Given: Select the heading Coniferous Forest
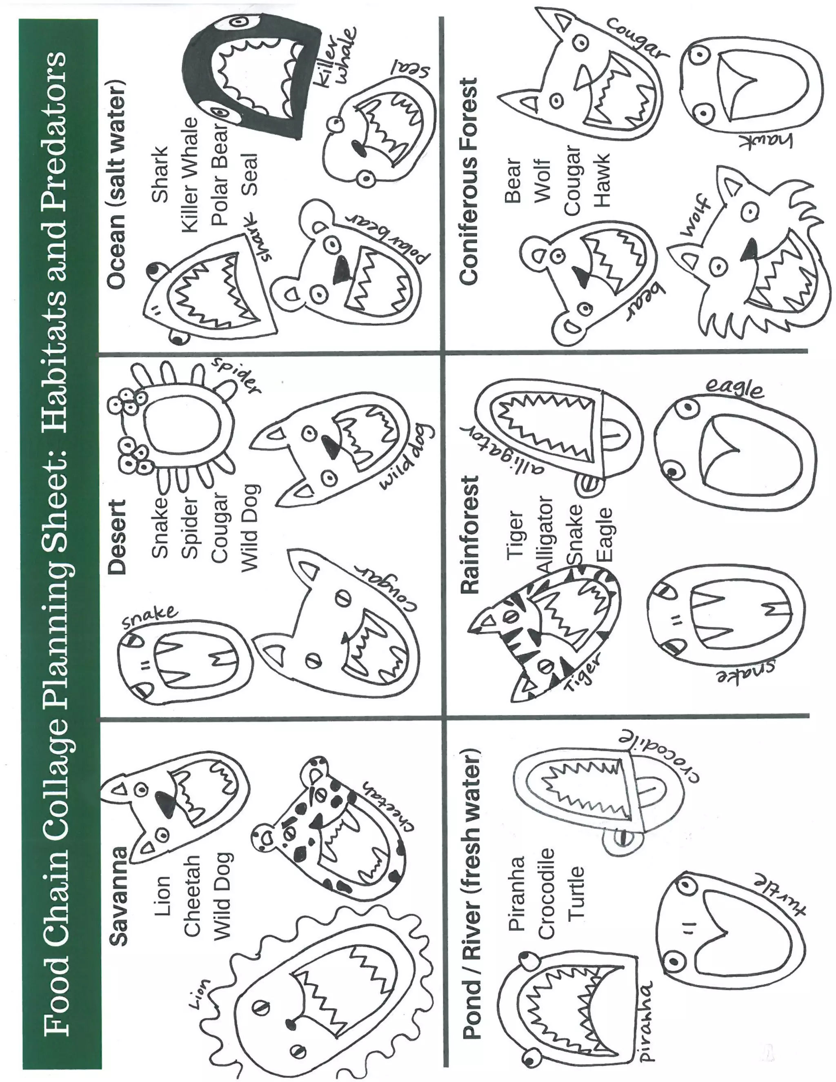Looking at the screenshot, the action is pyautogui.click(x=468, y=181).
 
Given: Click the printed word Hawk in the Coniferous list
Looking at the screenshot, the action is pyautogui.click(x=603, y=180).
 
